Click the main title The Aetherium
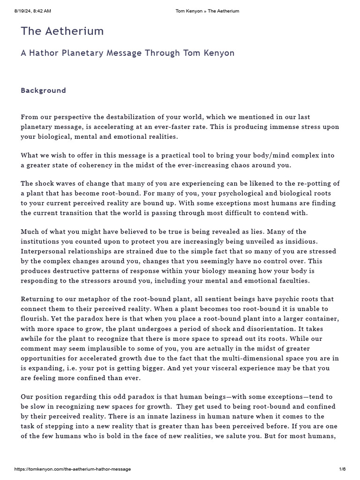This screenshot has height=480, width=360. coord(62,31)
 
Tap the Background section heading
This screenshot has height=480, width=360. coord(43,90)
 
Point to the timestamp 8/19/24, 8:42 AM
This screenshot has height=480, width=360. coord(33,11)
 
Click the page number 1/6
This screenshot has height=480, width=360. coord(342,469)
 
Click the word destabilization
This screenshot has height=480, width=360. coord(129,117)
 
